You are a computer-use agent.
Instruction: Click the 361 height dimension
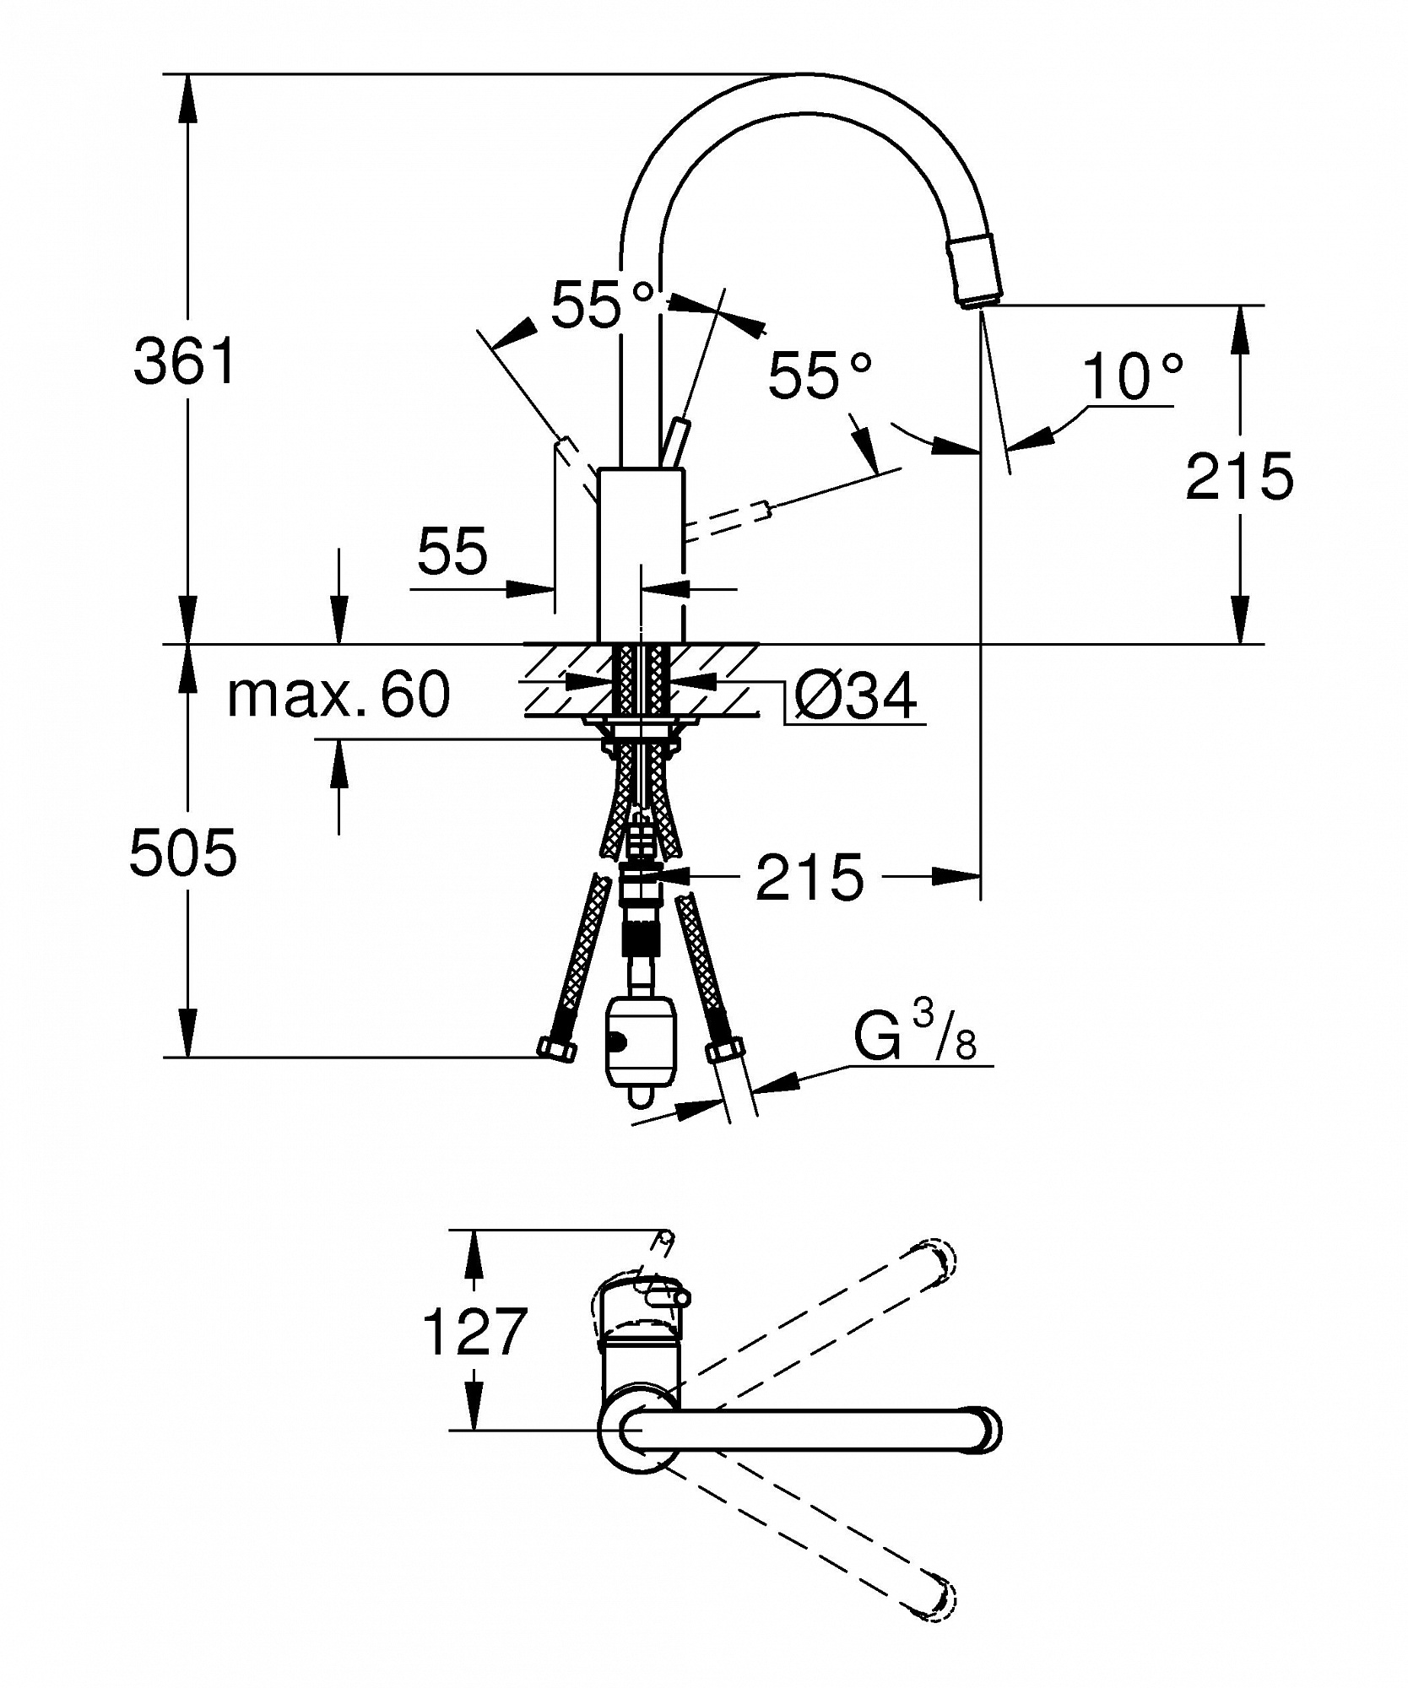185,362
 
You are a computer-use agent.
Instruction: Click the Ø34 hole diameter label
855,696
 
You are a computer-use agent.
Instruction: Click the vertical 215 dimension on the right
1239,476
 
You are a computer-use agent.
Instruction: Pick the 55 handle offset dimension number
452,551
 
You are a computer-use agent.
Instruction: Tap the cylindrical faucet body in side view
641,556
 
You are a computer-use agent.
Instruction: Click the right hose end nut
725,1050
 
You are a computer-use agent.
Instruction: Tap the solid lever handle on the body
676,442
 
